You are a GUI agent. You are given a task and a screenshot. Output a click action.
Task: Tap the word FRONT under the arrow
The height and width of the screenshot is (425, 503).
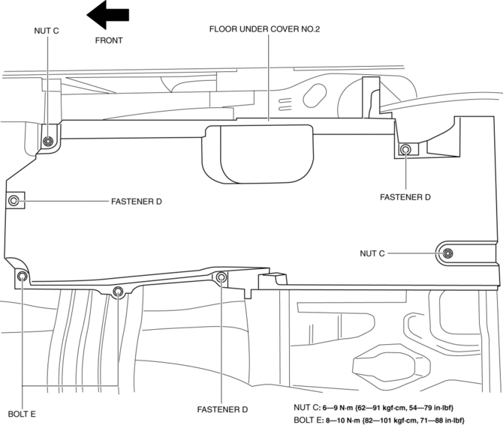[108, 40]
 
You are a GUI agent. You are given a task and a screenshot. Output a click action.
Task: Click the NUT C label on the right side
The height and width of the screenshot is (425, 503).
[371, 253]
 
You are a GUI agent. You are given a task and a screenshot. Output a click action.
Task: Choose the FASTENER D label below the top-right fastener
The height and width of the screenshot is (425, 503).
[405, 198]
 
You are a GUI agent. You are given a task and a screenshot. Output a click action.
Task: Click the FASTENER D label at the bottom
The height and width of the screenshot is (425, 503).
[222, 410]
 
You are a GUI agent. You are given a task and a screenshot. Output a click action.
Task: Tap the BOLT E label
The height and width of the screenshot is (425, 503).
[23, 413]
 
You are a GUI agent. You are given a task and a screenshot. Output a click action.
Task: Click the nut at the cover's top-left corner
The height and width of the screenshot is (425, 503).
[49, 142]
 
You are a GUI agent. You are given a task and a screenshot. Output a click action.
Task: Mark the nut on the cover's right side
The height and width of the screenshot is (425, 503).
[447, 253]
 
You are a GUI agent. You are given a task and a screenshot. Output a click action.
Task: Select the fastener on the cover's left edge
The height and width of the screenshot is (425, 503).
[14, 201]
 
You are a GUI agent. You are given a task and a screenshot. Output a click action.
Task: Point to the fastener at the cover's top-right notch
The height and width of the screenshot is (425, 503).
[405, 149]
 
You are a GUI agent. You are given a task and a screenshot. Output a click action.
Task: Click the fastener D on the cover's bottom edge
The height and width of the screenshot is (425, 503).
[221, 278]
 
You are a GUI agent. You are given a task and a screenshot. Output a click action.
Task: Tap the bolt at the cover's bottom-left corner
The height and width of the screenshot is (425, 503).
[23, 277]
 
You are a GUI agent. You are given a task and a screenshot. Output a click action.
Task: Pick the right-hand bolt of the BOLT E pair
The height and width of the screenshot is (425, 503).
[117, 291]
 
